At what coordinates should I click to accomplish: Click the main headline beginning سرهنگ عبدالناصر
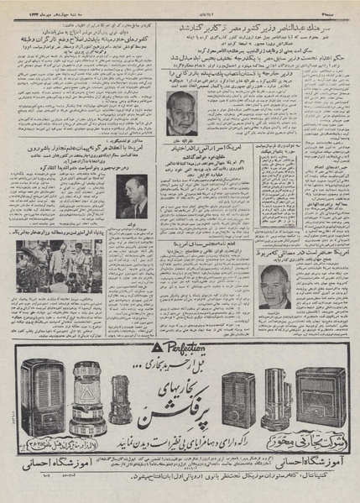(x=260, y=27)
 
